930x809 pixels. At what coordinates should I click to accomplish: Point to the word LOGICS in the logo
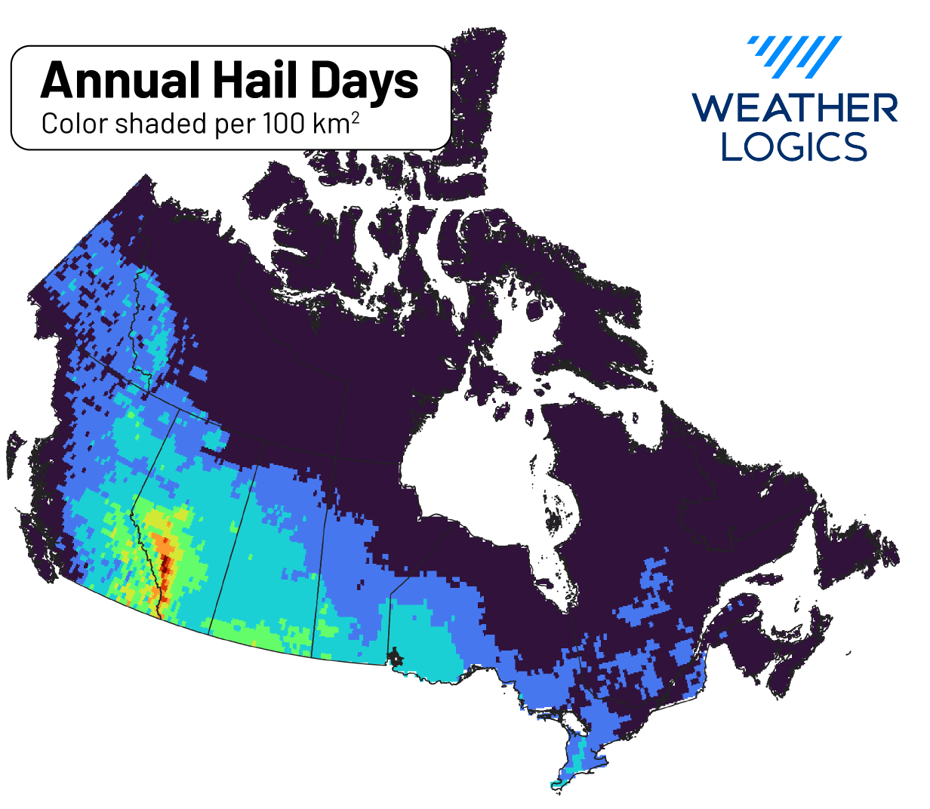click(794, 146)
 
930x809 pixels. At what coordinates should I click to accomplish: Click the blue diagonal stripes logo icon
click(796, 57)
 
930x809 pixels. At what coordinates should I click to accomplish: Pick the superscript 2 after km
click(355, 117)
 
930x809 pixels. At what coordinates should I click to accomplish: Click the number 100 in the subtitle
click(285, 123)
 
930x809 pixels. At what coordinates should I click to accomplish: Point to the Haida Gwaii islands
click(14, 453)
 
